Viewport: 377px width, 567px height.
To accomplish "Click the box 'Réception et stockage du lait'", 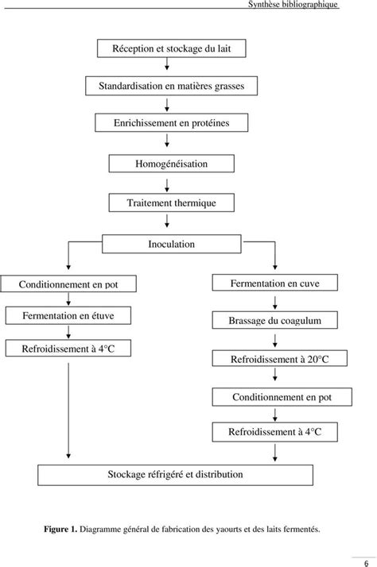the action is (x=171, y=48).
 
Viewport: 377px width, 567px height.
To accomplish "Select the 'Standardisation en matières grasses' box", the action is (x=171, y=86).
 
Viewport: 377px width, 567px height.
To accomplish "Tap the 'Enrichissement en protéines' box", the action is (x=171, y=123).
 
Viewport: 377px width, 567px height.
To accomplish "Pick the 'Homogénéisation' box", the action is (x=171, y=164).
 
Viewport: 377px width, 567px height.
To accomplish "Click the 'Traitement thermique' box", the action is (x=171, y=202).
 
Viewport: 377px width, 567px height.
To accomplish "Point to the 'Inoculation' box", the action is (x=171, y=244).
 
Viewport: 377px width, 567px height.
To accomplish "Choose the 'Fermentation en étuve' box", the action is (x=68, y=316).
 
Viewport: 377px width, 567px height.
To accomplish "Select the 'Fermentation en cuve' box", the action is (x=275, y=283).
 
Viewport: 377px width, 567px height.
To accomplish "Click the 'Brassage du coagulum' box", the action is (x=275, y=320).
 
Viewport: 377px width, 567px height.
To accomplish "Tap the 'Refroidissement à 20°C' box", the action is (x=280, y=359).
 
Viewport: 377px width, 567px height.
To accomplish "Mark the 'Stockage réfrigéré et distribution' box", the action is (x=175, y=475).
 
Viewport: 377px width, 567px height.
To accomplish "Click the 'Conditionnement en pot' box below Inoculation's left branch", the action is (x=68, y=283).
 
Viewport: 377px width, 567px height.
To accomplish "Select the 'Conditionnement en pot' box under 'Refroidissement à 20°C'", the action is (x=282, y=397).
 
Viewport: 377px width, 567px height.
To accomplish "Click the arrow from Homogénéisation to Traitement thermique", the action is (x=167, y=185).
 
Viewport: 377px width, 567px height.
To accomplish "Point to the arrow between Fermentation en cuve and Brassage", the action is (x=275, y=303).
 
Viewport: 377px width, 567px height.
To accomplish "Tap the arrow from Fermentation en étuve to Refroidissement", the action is (x=68, y=332).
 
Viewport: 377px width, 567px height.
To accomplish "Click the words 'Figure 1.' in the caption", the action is (x=60, y=530).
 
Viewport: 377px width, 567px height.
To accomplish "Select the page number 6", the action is (x=366, y=563).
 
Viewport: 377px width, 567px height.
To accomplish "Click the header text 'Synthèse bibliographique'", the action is (x=293, y=4).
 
